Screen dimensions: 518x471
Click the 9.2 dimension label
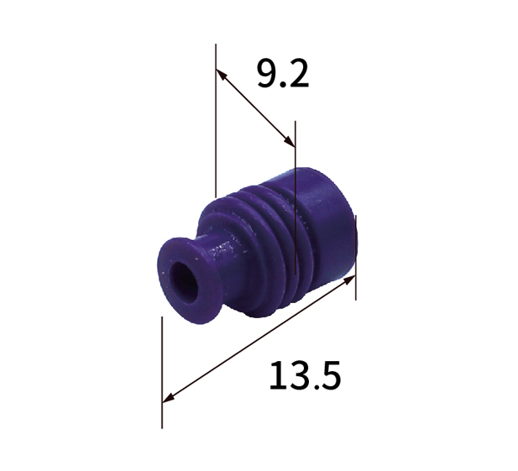(283, 74)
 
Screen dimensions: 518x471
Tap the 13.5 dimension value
(305, 375)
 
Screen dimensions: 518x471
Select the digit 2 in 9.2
(298, 73)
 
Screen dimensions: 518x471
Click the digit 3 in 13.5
(298, 375)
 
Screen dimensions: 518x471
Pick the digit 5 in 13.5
(330, 376)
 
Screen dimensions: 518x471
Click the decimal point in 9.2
(283, 85)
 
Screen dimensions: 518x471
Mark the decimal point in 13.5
(315, 387)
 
